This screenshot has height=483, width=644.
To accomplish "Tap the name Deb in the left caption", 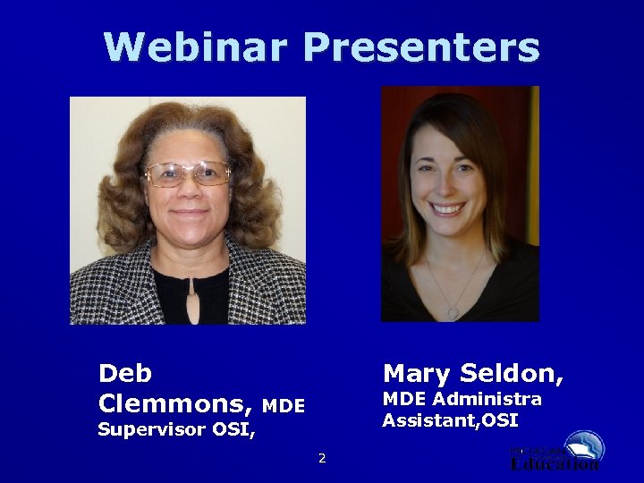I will [x=125, y=373].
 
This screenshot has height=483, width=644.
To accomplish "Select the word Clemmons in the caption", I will [x=174, y=403].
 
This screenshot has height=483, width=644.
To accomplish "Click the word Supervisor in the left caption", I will [x=151, y=429].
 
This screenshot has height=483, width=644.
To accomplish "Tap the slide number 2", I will [x=322, y=459].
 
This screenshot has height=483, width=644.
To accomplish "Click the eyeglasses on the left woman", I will [x=188, y=174].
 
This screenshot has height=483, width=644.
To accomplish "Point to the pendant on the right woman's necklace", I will [x=453, y=312].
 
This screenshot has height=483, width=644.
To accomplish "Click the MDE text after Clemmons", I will [x=284, y=406].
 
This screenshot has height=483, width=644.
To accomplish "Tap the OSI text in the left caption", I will [x=233, y=429].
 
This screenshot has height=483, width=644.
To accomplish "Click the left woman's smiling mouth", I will [x=189, y=215].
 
